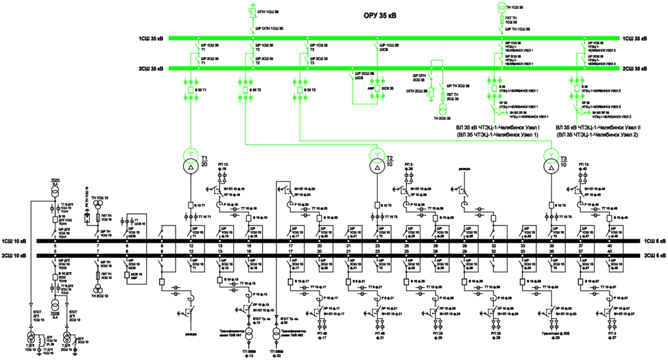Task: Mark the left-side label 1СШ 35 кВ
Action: pyautogui.click(x=151, y=39)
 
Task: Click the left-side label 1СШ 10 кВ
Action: pyautogui.click(x=15, y=242)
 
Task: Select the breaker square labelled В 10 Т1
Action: pyautogui.click(x=190, y=205)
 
